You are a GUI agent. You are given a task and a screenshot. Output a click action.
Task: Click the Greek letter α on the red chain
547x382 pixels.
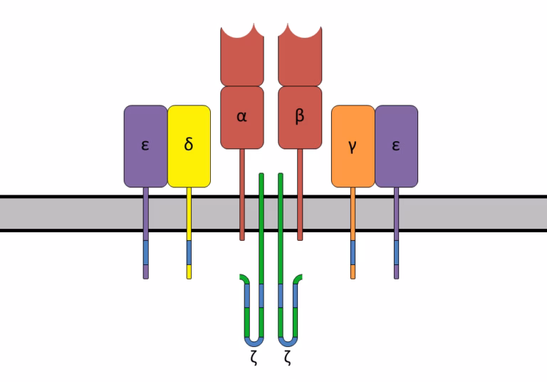(242, 115)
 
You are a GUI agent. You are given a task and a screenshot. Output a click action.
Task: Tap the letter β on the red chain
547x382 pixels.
(299, 115)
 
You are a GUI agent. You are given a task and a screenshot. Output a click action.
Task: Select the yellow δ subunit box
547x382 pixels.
(189, 145)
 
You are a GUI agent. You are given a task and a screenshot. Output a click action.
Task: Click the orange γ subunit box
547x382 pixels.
(353, 145)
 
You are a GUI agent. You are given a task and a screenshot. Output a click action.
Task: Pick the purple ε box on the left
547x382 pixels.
(145, 145)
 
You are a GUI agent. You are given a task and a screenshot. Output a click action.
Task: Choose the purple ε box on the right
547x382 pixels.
(396, 145)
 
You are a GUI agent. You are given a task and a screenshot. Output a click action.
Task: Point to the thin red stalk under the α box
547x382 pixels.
(242, 192)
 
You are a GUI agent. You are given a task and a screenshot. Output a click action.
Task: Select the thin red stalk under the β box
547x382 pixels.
(299, 192)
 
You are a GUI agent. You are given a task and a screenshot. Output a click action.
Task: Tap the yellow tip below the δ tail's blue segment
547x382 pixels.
(189, 272)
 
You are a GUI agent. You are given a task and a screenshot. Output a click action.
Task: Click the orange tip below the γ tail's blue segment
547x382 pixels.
(353, 272)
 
